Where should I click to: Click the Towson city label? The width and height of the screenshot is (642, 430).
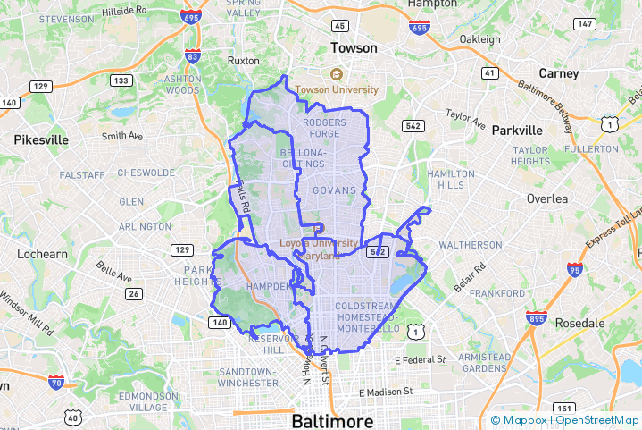(x=354, y=47)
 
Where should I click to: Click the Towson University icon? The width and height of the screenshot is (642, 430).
(x=337, y=75)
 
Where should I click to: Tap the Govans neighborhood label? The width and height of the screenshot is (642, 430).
(x=335, y=190)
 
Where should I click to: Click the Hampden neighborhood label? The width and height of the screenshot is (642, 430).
(x=267, y=286)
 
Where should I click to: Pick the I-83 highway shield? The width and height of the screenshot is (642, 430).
(x=193, y=56)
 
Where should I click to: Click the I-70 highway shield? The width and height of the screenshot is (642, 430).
(x=56, y=382)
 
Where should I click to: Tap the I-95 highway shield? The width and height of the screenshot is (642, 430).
(x=574, y=268)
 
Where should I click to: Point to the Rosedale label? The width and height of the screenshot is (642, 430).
(x=581, y=323)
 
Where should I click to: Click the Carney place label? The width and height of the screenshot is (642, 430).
(x=559, y=73)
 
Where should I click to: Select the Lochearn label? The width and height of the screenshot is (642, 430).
(x=35, y=254)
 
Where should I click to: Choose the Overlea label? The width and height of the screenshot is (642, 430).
(x=547, y=198)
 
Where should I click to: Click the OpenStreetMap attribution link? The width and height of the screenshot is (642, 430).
(x=597, y=419)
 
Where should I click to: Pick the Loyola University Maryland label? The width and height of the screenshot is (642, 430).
(x=319, y=249)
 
